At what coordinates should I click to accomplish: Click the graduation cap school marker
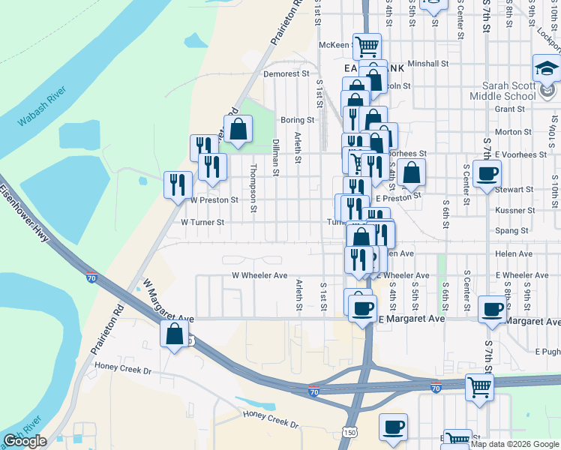pos(545,68)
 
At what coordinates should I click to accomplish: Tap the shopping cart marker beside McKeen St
pos(367,46)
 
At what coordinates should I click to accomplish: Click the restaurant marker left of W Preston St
pos(178,184)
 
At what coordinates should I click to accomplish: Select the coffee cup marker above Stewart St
pos(487,175)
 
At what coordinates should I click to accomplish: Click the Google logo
pos(25,441)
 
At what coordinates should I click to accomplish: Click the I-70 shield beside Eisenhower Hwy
pos(91,277)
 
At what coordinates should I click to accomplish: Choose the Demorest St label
pos(286,73)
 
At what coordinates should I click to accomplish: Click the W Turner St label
pos(202,222)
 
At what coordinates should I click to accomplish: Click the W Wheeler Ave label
pos(259,275)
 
